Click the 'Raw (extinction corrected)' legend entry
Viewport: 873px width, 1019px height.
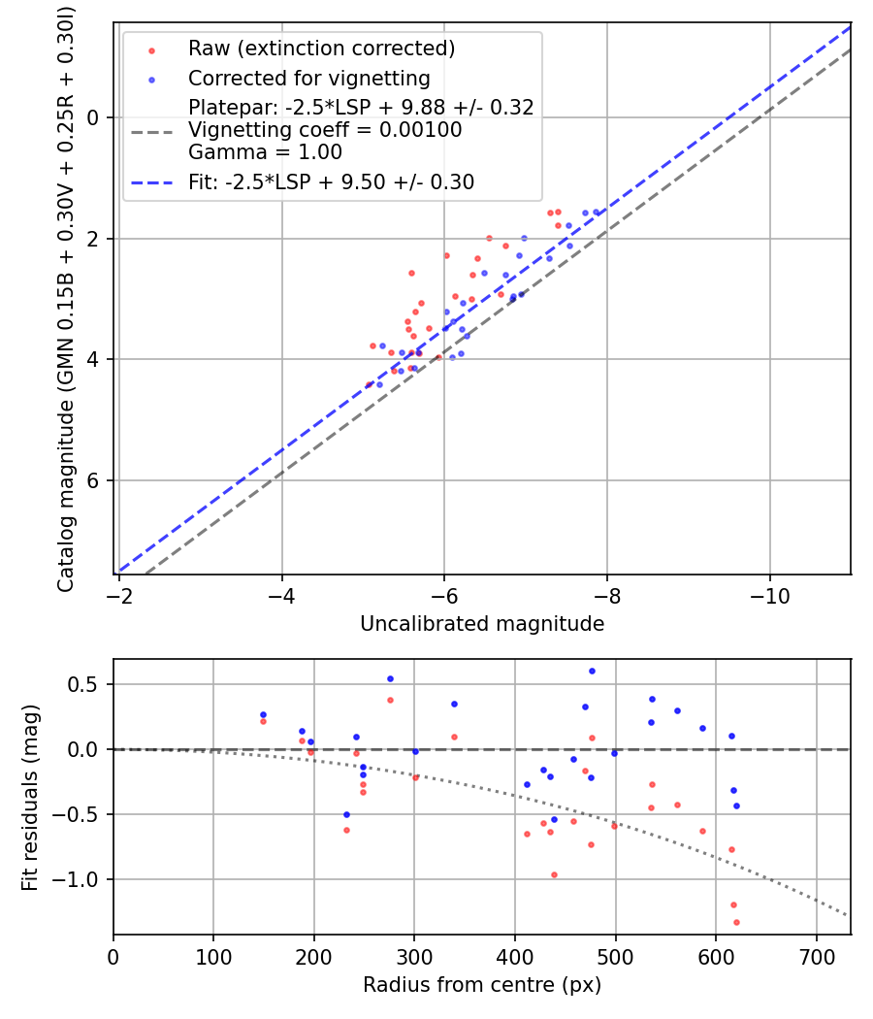pos(321,49)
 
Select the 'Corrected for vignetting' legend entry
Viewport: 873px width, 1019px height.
pos(308,78)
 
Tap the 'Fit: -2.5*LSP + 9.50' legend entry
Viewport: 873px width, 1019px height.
pos(331,182)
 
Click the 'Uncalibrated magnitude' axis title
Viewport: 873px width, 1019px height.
pos(482,624)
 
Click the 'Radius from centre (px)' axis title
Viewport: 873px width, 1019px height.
pos(482,985)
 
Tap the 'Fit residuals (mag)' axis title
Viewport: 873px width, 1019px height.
pos(30,797)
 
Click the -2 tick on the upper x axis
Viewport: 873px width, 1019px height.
pos(119,591)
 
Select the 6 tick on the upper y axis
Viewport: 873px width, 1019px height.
pos(94,481)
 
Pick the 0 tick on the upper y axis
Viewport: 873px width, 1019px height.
pos(94,117)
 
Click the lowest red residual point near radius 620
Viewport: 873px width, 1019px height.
pos(736,922)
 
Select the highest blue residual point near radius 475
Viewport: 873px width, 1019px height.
pos(592,671)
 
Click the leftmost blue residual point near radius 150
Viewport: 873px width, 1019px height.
pos(263,714)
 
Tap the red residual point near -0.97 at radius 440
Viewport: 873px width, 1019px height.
pos(554,874)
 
